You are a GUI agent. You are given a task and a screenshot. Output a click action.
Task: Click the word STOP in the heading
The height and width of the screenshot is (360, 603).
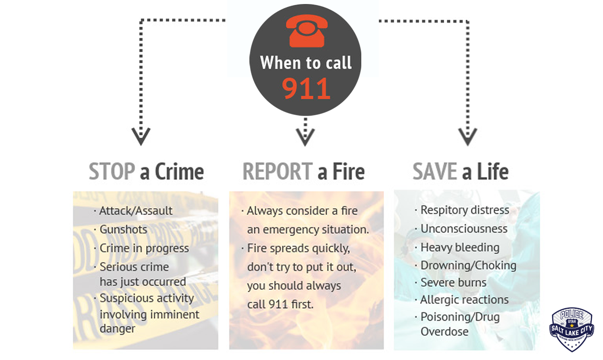(112, 172)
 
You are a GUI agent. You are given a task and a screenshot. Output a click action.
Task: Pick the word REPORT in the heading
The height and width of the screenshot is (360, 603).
(277, 172)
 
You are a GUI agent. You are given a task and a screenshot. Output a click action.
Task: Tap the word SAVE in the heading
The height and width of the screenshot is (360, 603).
(435, 172)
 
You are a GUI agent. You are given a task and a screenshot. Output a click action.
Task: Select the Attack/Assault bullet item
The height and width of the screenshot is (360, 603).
(136, 211)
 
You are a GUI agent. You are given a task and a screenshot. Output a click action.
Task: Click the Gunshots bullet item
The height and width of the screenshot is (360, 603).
(123, 229)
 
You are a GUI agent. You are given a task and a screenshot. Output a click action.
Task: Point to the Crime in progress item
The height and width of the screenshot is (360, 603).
(144, 248)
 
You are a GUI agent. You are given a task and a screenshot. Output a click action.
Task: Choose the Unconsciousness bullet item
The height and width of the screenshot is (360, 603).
(464, 229)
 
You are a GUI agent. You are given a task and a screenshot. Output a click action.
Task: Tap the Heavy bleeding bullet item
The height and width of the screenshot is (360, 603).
(460, 248)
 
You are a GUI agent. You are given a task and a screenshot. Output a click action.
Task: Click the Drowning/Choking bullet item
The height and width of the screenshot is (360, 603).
(468, 265)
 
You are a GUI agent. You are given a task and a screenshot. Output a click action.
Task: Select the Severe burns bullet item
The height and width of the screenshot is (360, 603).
(453, 283)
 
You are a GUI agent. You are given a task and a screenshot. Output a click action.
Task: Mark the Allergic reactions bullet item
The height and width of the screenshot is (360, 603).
(464, 300)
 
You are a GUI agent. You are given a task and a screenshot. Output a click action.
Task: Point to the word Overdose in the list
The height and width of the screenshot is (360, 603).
(444, 332)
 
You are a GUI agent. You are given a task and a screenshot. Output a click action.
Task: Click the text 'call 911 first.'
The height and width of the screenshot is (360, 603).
(280, 304)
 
